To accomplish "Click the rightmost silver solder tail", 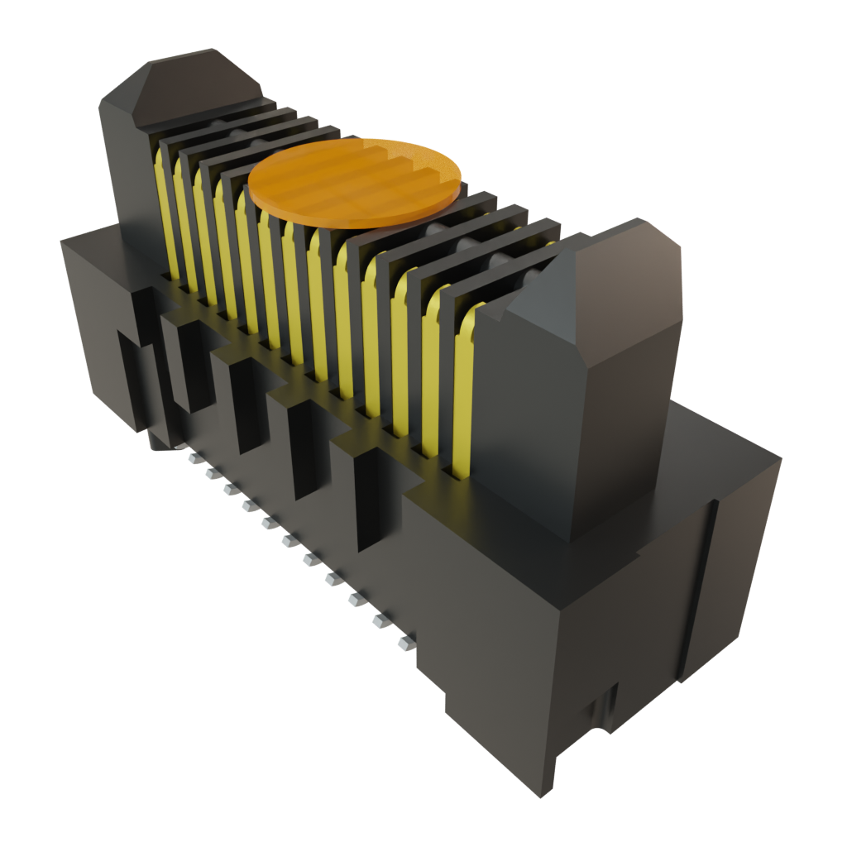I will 405,642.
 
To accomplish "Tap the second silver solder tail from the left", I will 210,472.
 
